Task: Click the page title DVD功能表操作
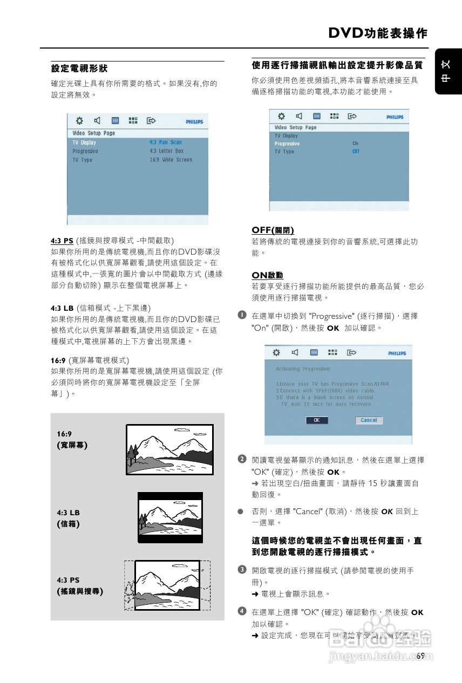(x=377, y=33)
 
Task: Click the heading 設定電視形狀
(x=79, y=69)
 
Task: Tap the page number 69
(x=421, y=656)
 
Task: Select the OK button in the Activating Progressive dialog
(x=317, y=420)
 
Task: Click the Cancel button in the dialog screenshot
(x=369, y=420)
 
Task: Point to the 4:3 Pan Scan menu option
(x=166, y=142)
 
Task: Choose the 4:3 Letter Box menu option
(x=167, y=151)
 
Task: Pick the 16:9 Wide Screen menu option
(x=171, y=160)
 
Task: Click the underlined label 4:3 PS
(x=62, y=241)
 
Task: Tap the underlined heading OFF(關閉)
(x=273, y=230)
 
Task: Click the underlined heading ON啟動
(x=267, y=275)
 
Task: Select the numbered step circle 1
(x=243, y=315)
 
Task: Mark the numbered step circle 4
(x=243, y=611)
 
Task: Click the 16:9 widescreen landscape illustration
(x=169, y=449)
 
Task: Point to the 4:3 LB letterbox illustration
(x=170, y=517)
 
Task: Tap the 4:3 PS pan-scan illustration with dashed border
(x=167, y=585)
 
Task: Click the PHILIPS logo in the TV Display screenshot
(x=194, y=122)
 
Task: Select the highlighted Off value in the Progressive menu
(x=356, y=152)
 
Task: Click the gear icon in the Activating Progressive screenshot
(x=276, y=353)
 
